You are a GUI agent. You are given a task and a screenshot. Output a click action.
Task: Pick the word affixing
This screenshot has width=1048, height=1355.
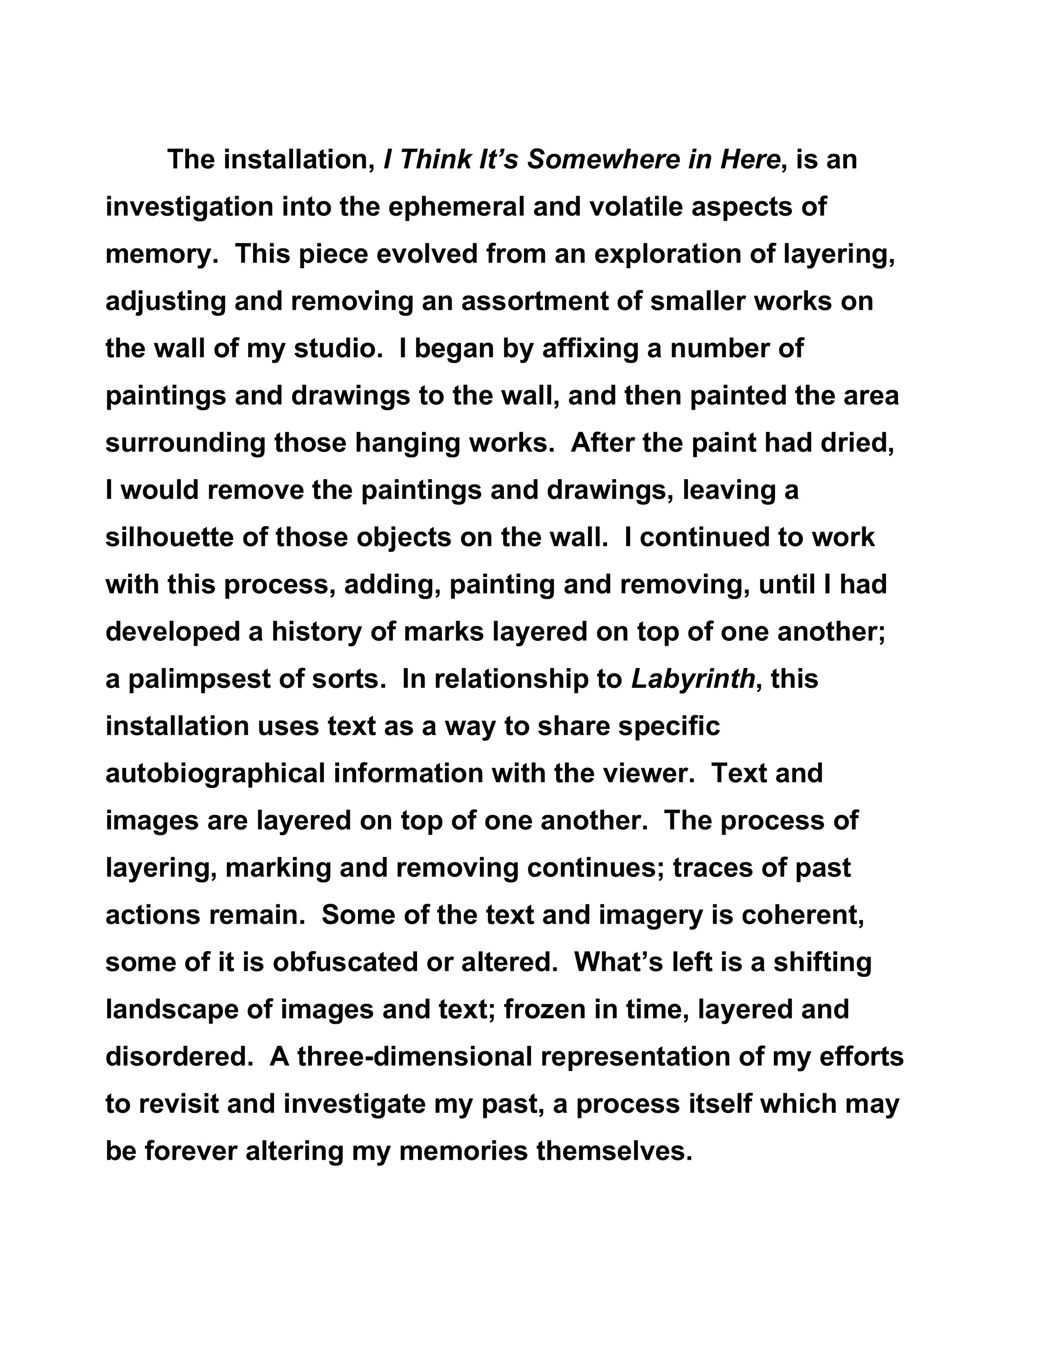590,348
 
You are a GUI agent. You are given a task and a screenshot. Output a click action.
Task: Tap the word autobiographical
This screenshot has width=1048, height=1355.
215,774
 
